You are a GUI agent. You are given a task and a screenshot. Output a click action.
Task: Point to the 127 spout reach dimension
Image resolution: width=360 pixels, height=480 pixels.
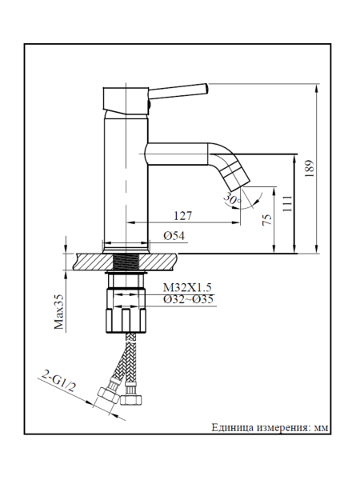pyautogui.click(x=184, y=215)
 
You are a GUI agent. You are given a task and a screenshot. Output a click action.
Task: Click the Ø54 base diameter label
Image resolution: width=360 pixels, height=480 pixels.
pyautogui.click(x=174, y=236)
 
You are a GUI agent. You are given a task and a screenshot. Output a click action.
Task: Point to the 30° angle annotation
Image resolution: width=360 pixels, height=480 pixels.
pyautogui.click(x=231, y=198)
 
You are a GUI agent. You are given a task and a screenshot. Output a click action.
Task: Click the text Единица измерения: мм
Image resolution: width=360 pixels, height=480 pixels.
pyautogui.click(x=270, y=426)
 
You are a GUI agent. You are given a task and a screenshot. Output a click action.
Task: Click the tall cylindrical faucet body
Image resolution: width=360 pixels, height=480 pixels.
pyautogui.click(x=124, y=176)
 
